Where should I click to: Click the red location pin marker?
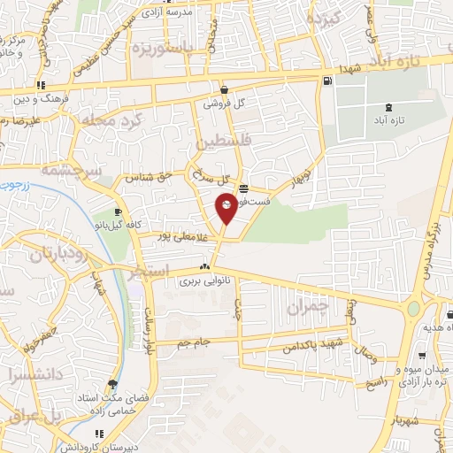[226, 207]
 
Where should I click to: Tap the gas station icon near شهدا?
[328, 81]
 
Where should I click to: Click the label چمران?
[309, 307]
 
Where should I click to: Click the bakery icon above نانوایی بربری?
[205, 267]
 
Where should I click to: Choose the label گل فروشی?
[225, 103]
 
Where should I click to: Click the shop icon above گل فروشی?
[224, 89]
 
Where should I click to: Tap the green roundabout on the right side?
[413, 310]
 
